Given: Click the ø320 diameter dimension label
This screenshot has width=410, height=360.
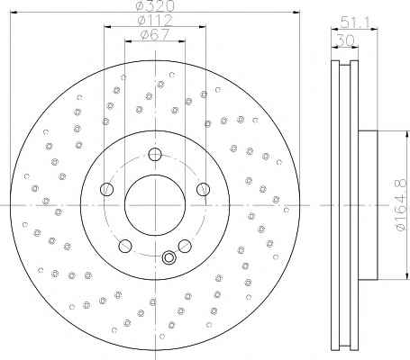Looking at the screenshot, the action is [155, 5].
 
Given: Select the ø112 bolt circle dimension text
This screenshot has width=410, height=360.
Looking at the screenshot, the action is [155, 20].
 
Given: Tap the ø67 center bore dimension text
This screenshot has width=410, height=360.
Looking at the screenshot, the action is [155, 34].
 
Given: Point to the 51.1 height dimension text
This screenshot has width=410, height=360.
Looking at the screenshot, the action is [355, 22].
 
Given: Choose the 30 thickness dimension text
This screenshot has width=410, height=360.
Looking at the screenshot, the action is [346, 40].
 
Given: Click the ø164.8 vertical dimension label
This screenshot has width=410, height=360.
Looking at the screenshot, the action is [402, 205].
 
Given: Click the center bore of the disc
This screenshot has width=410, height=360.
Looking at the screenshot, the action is [155, 205].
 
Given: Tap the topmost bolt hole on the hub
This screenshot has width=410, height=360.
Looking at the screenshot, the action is [155, 155].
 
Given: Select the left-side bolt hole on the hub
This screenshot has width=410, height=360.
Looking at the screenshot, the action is [106, 189].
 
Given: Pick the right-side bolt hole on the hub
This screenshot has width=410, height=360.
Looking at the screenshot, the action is [204, 189].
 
